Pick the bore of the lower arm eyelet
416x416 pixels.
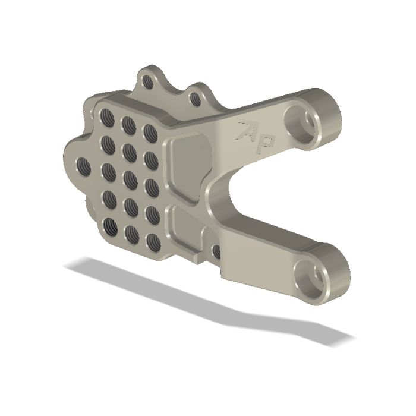[310, 276]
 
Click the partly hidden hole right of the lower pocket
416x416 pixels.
[215, 253]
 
